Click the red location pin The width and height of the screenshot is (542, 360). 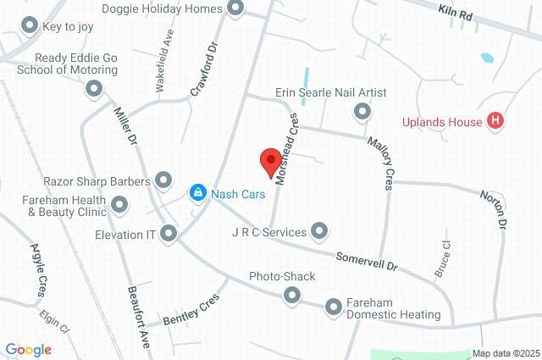click(270, 162)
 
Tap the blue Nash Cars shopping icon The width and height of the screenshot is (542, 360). click(197, 193)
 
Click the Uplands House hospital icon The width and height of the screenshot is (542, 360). click(496, 121)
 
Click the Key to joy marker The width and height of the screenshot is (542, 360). click(31, 26)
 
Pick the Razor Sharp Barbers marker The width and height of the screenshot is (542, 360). click(163, 180)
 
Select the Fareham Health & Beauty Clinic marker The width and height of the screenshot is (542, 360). click(119, 204)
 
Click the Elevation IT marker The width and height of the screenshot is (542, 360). click(169, 232)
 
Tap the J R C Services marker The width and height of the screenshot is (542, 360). click(319, 230)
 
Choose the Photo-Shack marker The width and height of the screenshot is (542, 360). click(292, 295)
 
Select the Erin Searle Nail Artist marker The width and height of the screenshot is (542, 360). click(362, 111)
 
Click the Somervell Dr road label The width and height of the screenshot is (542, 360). click(367, 261)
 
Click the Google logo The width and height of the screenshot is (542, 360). click(28, 350)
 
